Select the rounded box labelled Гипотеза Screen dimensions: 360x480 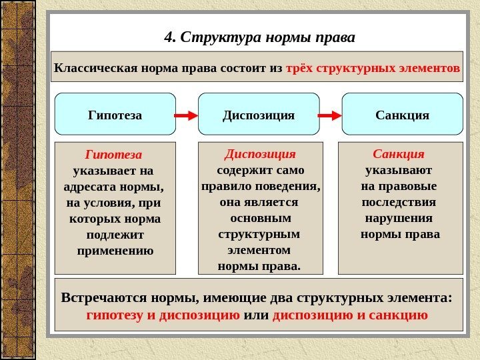pyautogui.click(x=115, y=115)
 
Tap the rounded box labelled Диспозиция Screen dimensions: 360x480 pyautogui.click(x=258, y=115)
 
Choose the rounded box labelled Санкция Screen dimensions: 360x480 pyautogui.click(x=402, y=115)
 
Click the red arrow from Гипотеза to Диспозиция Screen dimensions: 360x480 pyautogui.click(x=187, y=115)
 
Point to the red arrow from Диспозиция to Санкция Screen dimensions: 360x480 pyautogui.click(x=330, y=115)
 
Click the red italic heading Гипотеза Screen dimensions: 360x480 pyautogui.click(x=115, y=154)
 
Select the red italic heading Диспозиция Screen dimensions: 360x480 pyautogui.click(x=260, y=154)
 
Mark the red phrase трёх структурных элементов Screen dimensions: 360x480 pyautogui.click(x=373, y=68)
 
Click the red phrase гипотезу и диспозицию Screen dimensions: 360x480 pyautogui.click(x=163, y=315)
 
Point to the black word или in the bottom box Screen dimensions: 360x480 pyautogui.click(x=257, y=315)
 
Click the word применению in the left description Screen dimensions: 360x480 pyautogui.click(x=115, y=251)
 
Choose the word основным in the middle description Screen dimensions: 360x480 pyautogui.click(x=260, y=218)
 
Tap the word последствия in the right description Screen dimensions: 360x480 pyautogui.click(x=399, y=202)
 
